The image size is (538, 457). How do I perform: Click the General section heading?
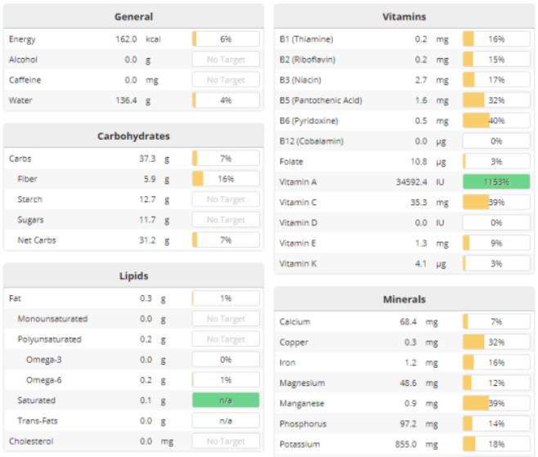[x=133, y=16]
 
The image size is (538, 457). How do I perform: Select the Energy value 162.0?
[x=126, y=39]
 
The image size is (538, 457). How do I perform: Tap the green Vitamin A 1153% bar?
[x=496, y=181]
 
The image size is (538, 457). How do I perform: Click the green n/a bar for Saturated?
[x=226, y=401]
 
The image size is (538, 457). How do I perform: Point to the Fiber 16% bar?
[x=226, y=179]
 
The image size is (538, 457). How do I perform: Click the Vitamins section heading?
[x=404, y=16]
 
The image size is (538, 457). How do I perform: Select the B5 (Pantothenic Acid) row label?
[x=321, y=101]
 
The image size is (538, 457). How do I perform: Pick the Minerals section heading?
[x=404, y=299]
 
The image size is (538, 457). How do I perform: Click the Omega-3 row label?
[x=43, y=360]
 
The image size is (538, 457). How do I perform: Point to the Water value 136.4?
[x=126, y=101]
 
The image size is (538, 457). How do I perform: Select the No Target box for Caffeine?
[x=226, y=80]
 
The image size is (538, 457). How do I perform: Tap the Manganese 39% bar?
[x=496, y=404]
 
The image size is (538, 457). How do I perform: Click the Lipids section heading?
[x=133, y=276]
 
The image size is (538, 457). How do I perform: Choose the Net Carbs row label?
[x=36, y=240]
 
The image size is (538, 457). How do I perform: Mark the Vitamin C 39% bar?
[x=496, y=202]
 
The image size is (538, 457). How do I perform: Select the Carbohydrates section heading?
[x=133, y=136]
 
